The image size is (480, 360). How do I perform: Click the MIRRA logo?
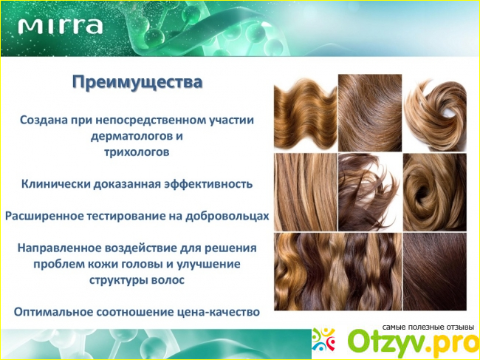pos(60,27)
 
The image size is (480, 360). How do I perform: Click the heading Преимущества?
pos(137,82)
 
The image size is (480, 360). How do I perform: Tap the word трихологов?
pos(137,152)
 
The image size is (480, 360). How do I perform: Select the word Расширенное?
pos(44,216)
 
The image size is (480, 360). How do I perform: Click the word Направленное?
pos(59,248)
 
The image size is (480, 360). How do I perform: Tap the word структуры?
pos(118,280)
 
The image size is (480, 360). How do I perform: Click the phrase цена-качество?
pos(219,312)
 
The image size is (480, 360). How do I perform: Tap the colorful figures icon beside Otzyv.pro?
pos(323,339)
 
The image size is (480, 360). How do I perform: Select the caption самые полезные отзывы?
pos(428,327)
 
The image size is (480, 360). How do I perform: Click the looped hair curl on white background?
pos(435,112)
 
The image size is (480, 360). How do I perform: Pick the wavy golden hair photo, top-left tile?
pos(306,112)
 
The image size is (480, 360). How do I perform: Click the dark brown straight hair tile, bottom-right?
pos(435,271)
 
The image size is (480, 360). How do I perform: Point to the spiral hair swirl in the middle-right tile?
pos(435,192)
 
